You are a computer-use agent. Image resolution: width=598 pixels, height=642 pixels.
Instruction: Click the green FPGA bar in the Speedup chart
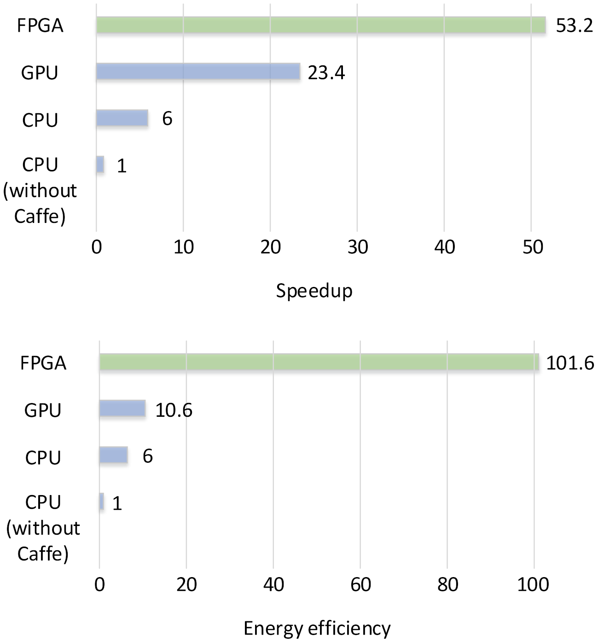click(320, 25)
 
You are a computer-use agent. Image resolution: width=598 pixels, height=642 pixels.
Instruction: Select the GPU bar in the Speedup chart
click(198, 72)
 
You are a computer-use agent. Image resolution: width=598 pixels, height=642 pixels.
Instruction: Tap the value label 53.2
click(574, 26)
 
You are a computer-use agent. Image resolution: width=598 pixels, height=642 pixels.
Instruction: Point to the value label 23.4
click(326, 73)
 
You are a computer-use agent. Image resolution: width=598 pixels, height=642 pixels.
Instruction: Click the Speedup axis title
click(314, 291)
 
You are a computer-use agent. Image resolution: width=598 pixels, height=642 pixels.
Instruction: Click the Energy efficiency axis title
click(317, 628)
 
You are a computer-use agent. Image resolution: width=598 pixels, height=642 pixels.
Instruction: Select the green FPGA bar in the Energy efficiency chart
click(319, 362)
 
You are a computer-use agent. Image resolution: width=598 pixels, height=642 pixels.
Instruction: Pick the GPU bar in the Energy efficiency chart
click(122, 409)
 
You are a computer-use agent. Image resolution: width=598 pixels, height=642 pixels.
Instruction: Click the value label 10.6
click(174, 410)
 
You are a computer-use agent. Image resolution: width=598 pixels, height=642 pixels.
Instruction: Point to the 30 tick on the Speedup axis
click(358, 247)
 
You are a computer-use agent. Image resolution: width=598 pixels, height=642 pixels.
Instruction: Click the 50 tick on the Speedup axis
click(533, 247)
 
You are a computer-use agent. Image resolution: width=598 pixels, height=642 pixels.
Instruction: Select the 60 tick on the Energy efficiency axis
click(360, 584)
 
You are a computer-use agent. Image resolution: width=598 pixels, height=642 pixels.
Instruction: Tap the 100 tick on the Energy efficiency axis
click(534, 584)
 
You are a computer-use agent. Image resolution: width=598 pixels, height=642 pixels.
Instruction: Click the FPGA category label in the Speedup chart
click(40, 26)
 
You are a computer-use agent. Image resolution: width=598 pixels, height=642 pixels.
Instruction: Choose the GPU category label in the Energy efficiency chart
click(43, 410)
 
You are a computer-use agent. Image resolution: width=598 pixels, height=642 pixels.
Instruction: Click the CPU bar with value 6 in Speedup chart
click(122, 118)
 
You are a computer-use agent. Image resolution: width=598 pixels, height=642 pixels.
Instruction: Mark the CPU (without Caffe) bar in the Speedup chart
click(100, 164)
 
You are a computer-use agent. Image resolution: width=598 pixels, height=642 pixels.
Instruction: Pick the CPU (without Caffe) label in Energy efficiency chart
click(43, 528)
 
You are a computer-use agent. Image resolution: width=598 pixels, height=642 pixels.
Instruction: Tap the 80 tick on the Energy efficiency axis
click(447, 584)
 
